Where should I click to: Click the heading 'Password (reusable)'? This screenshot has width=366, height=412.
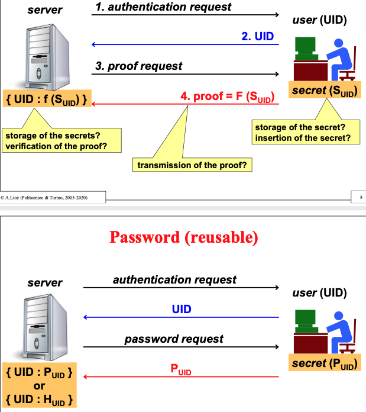(x=183, y=237)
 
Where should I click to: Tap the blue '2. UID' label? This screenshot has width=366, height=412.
(x=258, y=36)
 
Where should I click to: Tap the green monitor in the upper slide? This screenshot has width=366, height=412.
(x=307, y=47)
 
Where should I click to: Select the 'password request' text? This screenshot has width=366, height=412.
(x=174, y=339)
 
